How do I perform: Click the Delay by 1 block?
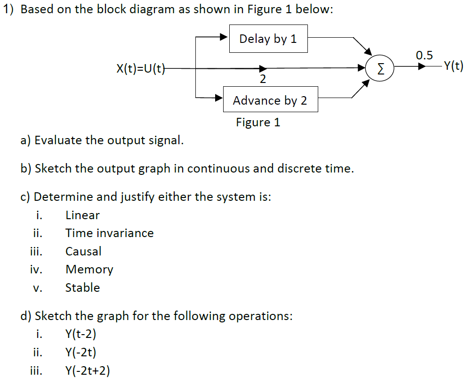coord(268,39)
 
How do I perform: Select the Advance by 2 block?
coord(270,100)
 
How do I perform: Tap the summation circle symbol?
coord(380,69)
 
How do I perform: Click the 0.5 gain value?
coord(424,55)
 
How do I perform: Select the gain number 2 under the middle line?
coord(263,80)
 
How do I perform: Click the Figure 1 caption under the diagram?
coord(258,123)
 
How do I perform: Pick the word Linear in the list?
coord(82,215)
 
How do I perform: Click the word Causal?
coord(83,251)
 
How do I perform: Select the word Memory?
coord(89,269)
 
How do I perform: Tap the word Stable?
coord(82,288)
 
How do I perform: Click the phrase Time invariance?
coord(109,233)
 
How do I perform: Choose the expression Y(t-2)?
coord(81,334)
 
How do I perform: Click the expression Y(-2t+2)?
coord(88,370)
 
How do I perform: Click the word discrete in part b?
coord(299,168)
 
